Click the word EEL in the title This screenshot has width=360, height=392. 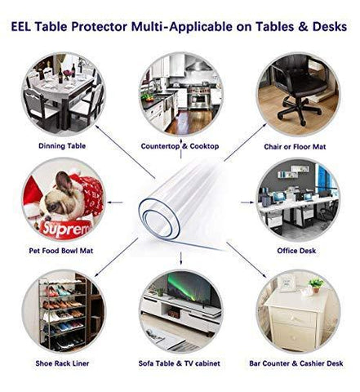pos(20,27)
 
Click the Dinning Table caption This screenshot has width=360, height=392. pos(62,146)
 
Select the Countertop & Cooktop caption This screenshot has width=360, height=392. pos(180,146)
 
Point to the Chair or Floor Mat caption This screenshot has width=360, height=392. pos(295,147)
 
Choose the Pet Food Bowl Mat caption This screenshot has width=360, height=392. pos(61,251)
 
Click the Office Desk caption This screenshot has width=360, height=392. pos(296,251)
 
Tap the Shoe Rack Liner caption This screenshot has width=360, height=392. pos(62,363)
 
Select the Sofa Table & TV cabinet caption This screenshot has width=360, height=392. pos(180,363)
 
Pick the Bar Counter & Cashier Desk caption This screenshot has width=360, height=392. pos(296,363)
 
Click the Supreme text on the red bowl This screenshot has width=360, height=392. pos(67,229)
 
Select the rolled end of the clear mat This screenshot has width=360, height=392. pos(159,219)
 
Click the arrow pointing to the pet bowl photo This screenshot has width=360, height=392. pos(115,203)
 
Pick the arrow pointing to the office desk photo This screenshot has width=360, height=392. pos(247,203)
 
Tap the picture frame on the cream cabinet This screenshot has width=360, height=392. pos(287,283)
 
